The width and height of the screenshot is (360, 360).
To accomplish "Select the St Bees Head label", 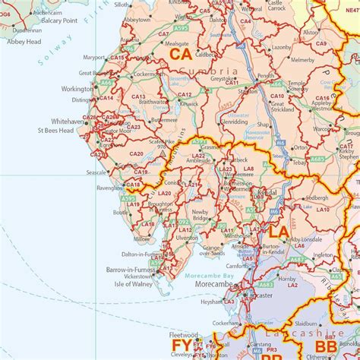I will point(55,131).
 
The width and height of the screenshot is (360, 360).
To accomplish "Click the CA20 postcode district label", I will point(136,154).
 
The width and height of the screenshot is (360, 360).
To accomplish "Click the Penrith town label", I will point(266,76).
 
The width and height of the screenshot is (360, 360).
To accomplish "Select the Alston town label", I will point(311,33).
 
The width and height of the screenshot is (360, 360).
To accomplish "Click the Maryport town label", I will point(94,57).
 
